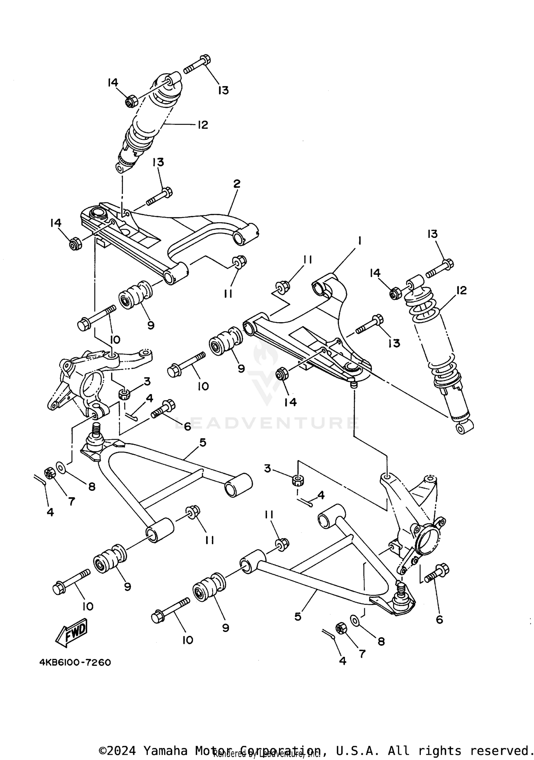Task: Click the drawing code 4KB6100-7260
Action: point(75,663)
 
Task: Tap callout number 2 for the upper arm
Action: point(237,184)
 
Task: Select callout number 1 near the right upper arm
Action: point(360,241)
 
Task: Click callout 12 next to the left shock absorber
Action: point(203,125)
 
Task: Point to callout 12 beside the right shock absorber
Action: point(461,290)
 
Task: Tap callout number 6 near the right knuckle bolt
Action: point(439,620)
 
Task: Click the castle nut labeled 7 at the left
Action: point(49,473)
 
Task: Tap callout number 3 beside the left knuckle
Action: point(147,382)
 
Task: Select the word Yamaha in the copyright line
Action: point(165,741)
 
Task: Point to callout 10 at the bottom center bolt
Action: point(188,640)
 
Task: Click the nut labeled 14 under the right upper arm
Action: point(282,374)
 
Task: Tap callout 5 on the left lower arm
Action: point(203,443)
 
